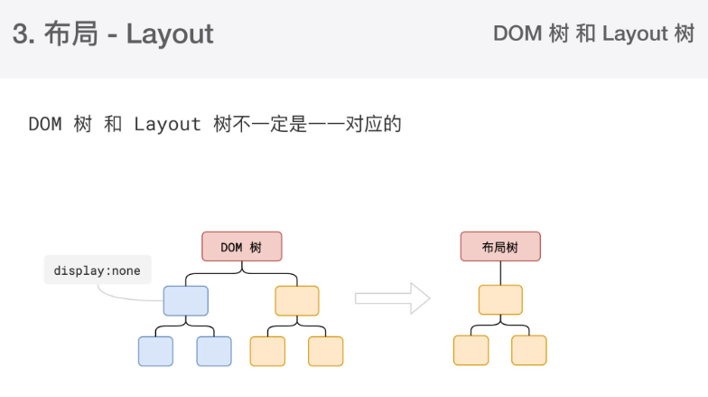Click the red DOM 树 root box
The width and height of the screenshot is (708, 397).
[x=241, y=247]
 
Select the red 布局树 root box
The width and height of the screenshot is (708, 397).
[x=500, y=247]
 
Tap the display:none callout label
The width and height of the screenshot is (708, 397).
[x=97, y=270]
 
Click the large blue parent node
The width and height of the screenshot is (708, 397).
[x=185, y=300]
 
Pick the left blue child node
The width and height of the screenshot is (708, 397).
[x=155, y=351]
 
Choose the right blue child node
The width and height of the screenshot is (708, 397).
[x=214, y=351]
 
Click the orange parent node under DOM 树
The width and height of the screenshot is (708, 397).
[x=297, y=300]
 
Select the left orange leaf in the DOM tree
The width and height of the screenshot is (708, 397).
[x=267, y=351]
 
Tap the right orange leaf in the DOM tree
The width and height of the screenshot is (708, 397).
[x=326, y=351]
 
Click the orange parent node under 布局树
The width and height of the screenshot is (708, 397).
[x=500, y=299]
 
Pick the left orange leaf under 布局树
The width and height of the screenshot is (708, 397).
[x=470, y=350]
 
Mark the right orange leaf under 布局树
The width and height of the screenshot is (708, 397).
[x=529, y=350]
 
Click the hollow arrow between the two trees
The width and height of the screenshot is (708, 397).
[x=392, y=298]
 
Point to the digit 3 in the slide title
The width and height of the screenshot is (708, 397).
[x=20, y=34]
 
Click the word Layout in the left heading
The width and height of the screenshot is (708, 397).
[x=170, y=34]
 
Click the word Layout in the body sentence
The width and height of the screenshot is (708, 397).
[x=167, y=124]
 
